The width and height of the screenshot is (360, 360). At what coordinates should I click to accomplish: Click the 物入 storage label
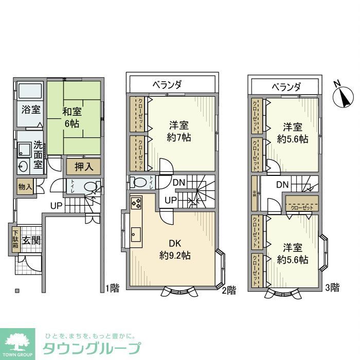click(24, 186)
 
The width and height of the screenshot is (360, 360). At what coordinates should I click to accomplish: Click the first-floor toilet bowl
click(91, 187)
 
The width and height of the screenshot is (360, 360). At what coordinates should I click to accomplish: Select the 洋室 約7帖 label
click(180, 131)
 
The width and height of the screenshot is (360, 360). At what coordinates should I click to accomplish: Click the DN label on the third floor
click(282, 185)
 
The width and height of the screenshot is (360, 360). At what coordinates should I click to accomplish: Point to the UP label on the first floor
click(57, 206)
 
